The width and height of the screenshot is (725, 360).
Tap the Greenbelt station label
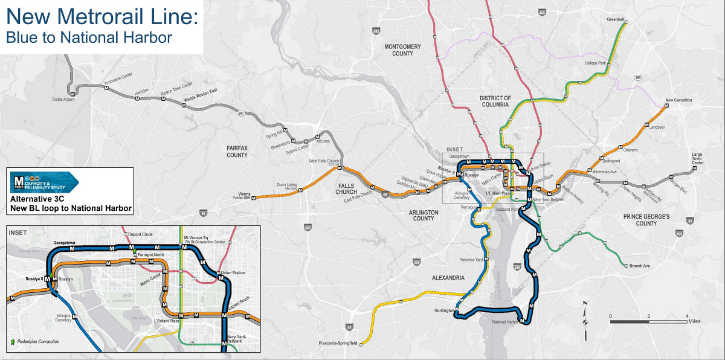(x=616, y=19)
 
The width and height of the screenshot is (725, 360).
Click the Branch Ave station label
(x=640, y=266)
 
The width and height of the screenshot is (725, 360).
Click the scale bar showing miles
(x=648, y=321)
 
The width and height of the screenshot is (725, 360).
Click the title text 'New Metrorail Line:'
(x=101, y=16)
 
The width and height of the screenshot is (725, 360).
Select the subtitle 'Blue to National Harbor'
(x=89, y=37)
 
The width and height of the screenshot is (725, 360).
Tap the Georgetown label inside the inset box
(x=63, y=243)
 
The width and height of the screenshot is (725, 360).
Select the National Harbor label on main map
(x=506, y=322)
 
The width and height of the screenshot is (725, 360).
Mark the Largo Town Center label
(x=698, y=159)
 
